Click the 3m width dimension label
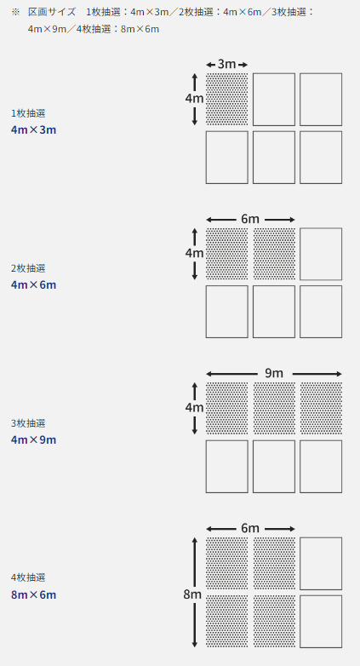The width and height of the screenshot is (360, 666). click(226, 64)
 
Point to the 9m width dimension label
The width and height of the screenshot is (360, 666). click(274, 373)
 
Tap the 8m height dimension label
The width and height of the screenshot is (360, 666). click(192, 594)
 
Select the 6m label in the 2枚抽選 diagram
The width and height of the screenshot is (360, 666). click(250, 219)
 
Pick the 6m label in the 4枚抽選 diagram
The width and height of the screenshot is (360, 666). click(250, 528)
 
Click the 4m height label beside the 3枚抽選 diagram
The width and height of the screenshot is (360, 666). click(194, 408)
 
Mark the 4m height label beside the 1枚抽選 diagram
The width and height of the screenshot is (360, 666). click(194, 99)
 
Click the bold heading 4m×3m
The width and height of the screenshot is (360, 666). click(33, 130)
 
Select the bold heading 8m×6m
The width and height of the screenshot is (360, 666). click(33, 594)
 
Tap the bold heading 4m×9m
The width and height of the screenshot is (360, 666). click(33, 439)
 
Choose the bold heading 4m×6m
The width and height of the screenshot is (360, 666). click(33, 284)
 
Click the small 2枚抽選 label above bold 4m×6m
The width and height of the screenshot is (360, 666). click(28, 268)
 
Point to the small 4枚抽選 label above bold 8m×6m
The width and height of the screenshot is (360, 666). click(28, 577)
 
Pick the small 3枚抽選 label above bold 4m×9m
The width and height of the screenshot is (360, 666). click(28, 423)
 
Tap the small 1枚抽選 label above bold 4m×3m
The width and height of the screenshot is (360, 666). click(28, 113)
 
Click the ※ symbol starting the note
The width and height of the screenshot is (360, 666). click(15, 12)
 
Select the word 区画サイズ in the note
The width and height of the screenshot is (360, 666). click(52, 12)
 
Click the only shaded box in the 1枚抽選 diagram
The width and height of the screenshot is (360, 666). click(227, 100)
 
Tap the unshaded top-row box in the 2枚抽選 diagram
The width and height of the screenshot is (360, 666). click(321, 254)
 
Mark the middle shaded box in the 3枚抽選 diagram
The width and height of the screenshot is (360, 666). click(274, 408)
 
